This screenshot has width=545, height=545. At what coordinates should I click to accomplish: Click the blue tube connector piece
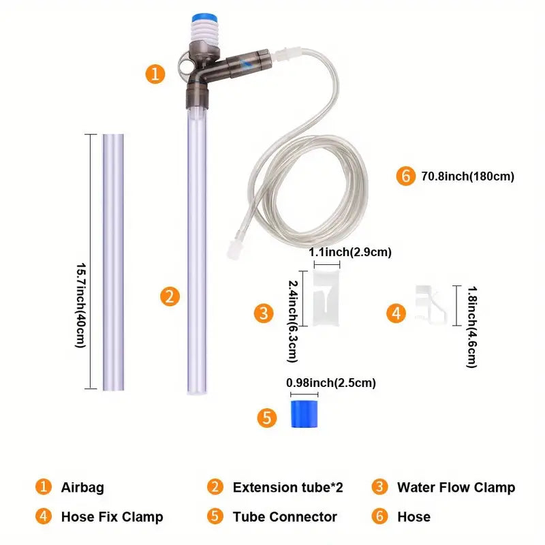click(304, 414)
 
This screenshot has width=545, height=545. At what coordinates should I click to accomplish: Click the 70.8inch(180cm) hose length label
click(467, 176)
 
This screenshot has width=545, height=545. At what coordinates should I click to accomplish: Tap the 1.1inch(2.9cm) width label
click(350, 253)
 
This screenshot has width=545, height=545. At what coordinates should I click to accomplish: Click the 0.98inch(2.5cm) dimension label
click(331, 383)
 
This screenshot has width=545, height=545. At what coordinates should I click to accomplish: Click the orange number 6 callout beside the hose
click(406, 176)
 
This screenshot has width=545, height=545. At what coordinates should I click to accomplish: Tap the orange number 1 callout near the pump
click(157, 74)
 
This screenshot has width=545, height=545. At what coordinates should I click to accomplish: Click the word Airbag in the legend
click(82, 487)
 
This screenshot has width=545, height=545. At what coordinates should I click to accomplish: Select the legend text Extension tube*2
click(287, 487)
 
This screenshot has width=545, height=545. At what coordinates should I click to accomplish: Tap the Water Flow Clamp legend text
click(456, 487)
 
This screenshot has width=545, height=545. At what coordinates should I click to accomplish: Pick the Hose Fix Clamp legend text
click(112, 517)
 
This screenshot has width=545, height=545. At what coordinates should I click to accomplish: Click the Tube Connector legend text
click(285, 517)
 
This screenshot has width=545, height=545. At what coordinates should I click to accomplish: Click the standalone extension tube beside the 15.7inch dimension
click(113, 262)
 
